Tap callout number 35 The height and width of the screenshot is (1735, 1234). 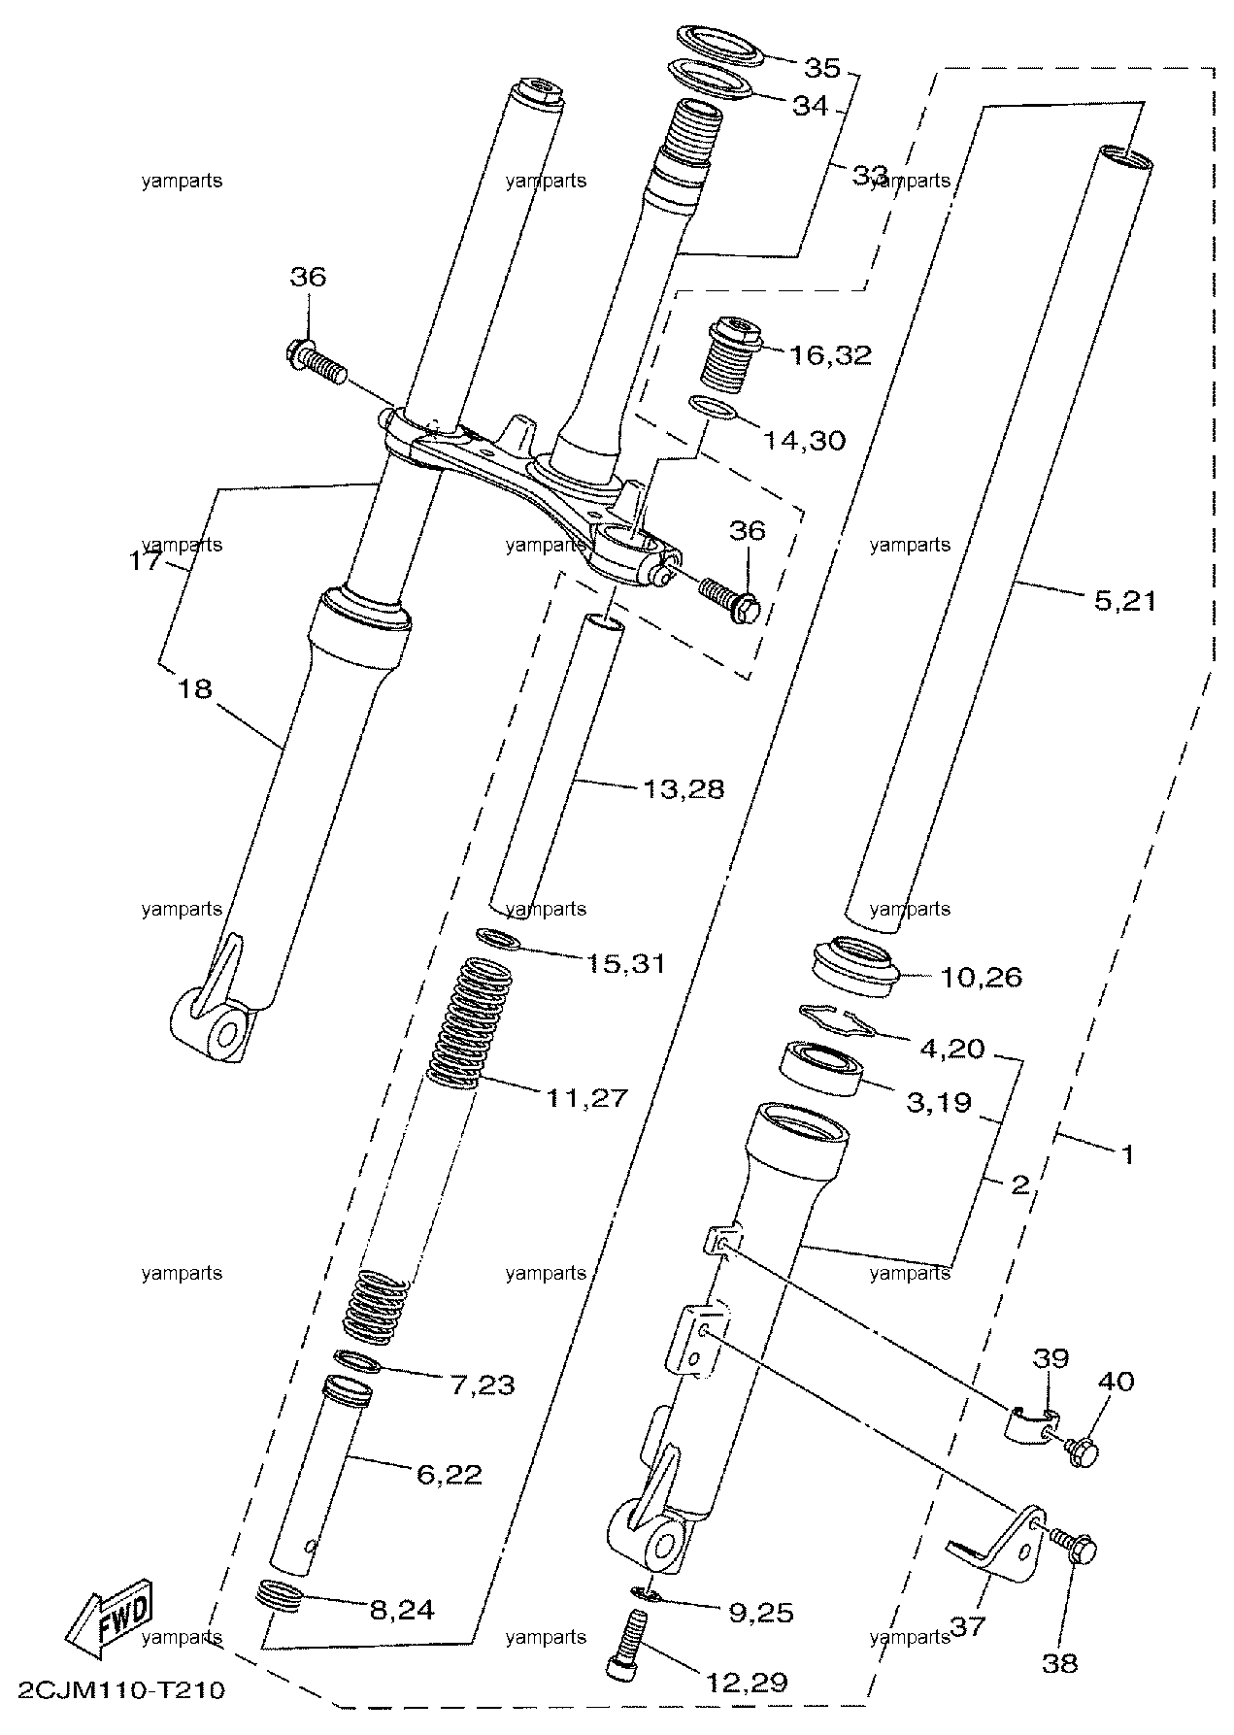coord(821,67)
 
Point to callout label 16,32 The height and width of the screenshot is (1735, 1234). coord(830,355)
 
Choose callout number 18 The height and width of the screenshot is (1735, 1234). coord(195,688)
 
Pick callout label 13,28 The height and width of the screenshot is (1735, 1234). coord(684,788)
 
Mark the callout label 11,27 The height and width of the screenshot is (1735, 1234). coord(586,1098)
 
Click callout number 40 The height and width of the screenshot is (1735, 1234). coord(1116,1381)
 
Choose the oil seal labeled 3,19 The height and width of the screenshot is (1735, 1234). coord(821,1068)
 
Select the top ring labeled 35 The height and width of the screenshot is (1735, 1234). coord(720,45)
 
